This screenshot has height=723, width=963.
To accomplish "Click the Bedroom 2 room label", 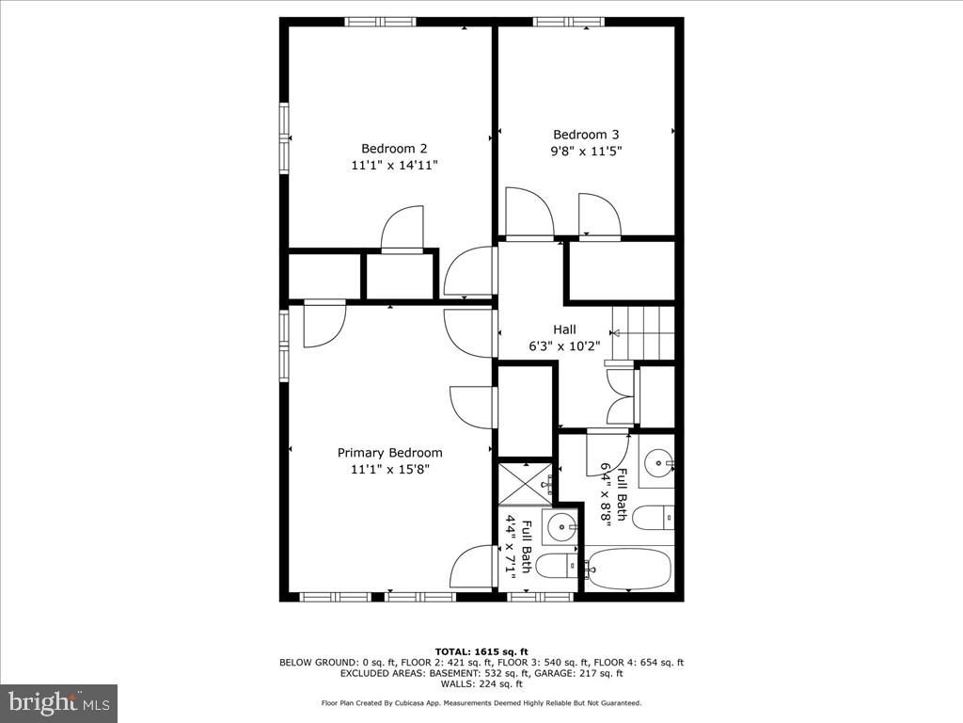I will pyautogui.click(x=394, y=148).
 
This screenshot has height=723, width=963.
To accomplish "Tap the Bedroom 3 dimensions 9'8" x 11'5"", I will pyautogui.click(x=587, y=151).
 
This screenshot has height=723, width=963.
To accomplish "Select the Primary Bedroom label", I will pyautogui.click(x=389, y=453).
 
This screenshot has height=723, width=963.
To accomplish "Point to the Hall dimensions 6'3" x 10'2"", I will pyautogui.click(x=564, y=345).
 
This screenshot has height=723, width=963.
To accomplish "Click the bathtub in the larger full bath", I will pyautogui.click(x=628, y=569).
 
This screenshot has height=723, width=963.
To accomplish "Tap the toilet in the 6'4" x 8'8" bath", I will pyautogui.click(x=653, y=517).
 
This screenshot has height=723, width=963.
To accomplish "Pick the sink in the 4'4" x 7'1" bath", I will pyautogui.click(x=562, y=525).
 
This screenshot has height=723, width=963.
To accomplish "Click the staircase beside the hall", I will pyautogui.click(x=643, y=332).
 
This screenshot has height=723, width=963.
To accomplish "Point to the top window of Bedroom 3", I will pyautogui.click(x=568, y=22).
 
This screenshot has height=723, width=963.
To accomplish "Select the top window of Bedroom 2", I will pyautogui.click(x=381, y=22).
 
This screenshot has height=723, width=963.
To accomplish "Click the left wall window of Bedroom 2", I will pyautogui.click(x=284, y=138).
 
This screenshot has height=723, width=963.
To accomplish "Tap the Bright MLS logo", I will pyautogui.click(x=58, y=702).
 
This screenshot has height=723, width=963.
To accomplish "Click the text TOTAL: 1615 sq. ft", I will pyautogui.click(x=481, y=651).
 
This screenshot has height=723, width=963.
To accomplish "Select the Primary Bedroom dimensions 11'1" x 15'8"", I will pyautogui.click(x=389, y=469).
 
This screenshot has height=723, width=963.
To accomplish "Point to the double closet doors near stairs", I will pyautogui.click(x=621, y=396).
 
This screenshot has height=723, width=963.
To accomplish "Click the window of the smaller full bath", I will pyautogui.click(x=540, y=596).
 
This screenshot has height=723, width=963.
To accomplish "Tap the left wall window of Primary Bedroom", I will pyautogui.click(x=284, y=345).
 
